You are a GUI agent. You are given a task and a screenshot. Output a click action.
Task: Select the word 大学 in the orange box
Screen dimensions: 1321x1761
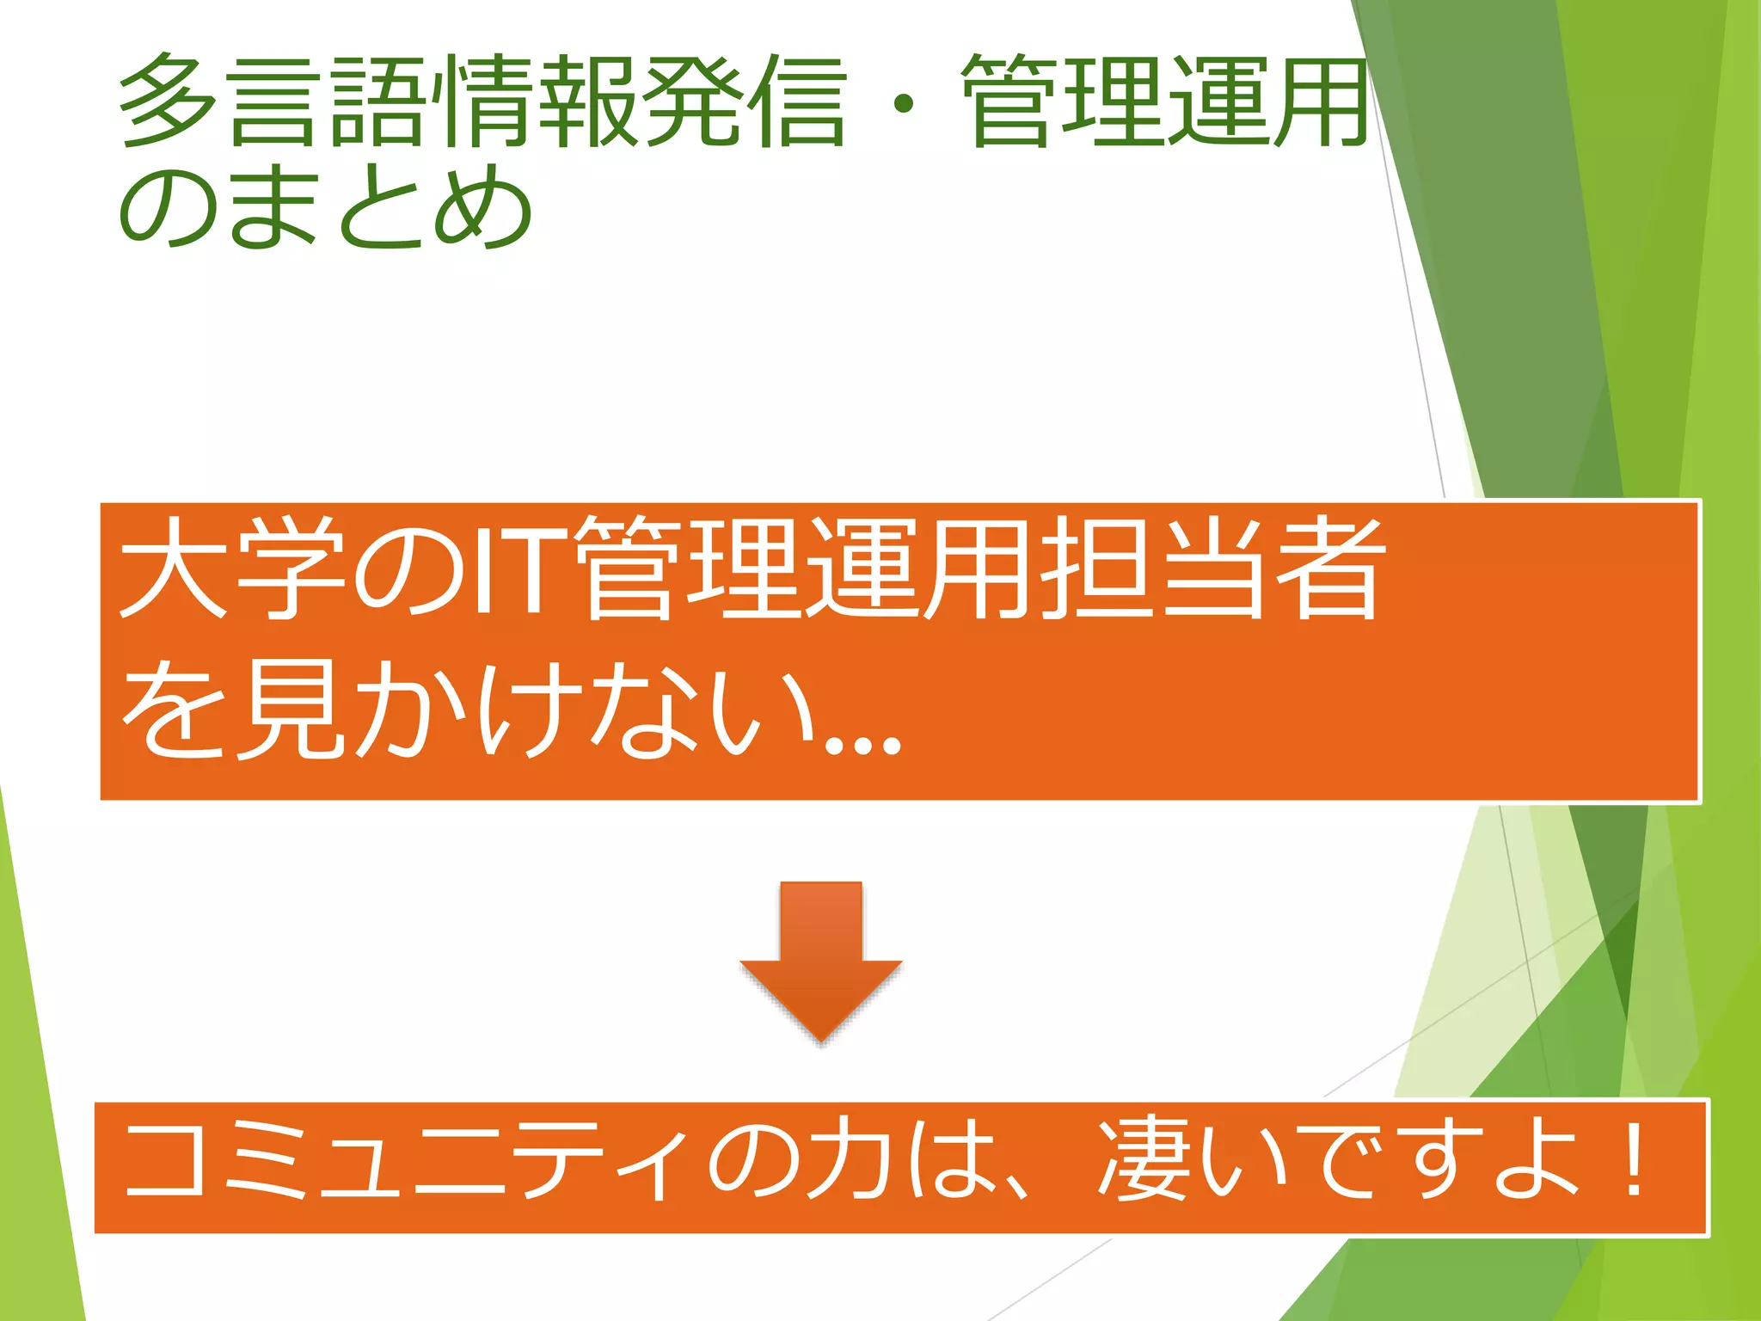pos(232,568)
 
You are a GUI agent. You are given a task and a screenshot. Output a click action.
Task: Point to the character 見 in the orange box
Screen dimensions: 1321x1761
pos(288,710)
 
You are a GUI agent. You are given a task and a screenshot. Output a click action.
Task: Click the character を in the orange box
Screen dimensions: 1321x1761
pos(172,710)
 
